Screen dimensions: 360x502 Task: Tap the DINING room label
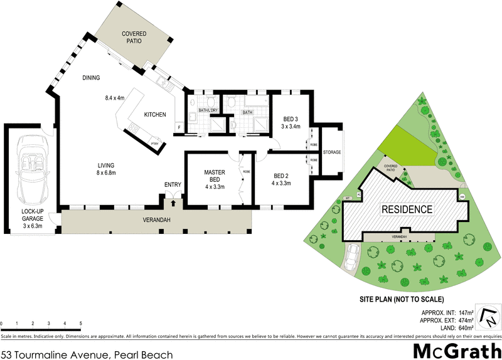[92, 78]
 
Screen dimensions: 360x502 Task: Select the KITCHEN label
[155, 115]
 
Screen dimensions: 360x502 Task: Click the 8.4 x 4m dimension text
[115, 98]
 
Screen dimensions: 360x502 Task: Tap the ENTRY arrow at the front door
[173, 203]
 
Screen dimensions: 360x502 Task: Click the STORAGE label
[331, 152]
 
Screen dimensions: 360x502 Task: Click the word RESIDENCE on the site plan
[408, 209]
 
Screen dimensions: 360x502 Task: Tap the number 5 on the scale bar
[81, 324]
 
